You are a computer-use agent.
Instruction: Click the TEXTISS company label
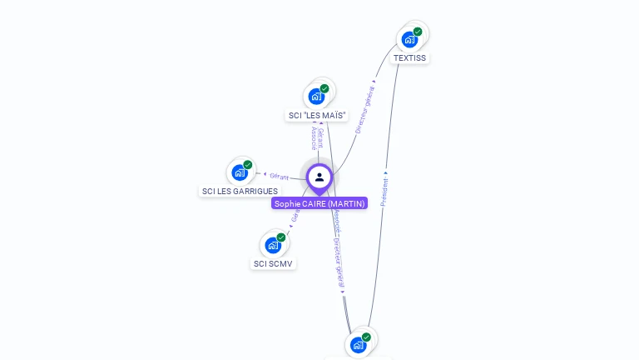[x=409, y=58]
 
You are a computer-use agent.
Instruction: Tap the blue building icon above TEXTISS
[x=409, y=39]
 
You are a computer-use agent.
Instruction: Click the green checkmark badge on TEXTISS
[x=418, y=32]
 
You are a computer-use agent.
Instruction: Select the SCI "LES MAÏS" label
[x=316, y=115]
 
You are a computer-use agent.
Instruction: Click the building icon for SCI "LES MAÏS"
[x=315, y=96]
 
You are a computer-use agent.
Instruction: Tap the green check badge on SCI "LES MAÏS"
[x=324, y=88]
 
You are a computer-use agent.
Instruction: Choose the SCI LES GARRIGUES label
[x=240, y=192]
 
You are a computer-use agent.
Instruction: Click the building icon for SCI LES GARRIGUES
[x=240, y=172]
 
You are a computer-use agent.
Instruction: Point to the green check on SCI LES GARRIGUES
[x=248, y=165]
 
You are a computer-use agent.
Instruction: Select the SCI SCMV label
[x=274, y=264]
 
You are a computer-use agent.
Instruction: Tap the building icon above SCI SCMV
[x=273, y=245]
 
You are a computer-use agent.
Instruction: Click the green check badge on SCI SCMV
[x=281, y=237]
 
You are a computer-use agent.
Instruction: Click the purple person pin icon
[x=319, y=177]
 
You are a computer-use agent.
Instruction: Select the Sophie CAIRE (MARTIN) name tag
[x=319, y=203]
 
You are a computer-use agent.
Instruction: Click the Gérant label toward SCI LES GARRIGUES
[x=279, y=176]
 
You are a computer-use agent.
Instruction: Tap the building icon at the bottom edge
[x=358, y=345]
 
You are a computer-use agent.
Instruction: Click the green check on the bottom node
[x=366, y=337]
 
